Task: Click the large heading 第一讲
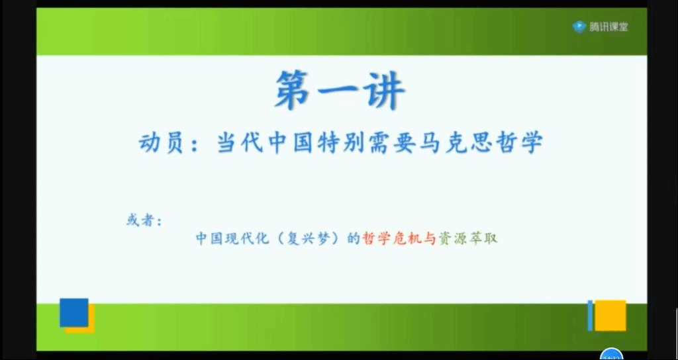point(340,90)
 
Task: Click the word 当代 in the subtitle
point(239,143)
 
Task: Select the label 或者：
point(144,221)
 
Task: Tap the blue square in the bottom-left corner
point(74,312)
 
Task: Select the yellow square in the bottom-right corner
point(610,316)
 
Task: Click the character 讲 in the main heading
point(385,90)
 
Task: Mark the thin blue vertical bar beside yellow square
point(590,316)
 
